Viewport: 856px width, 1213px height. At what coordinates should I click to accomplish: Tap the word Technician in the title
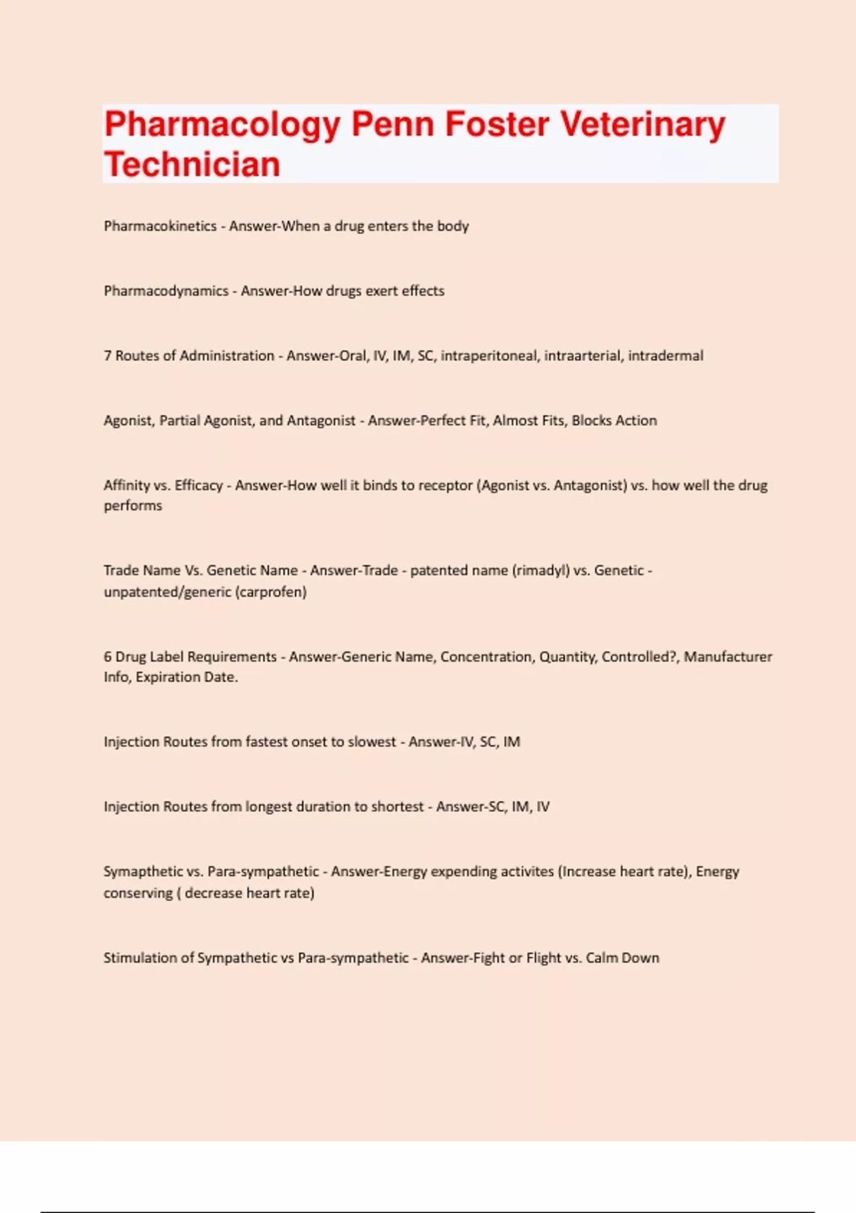[x=192, y=165]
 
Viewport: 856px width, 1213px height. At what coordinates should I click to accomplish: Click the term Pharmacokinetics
[x=160, y=226]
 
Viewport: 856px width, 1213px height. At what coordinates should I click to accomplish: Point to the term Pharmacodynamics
[x=165, y=291]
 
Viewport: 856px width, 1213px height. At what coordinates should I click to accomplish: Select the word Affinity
[x=126, y=486]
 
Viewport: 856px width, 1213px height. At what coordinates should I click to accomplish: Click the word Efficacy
[x=198, y=486]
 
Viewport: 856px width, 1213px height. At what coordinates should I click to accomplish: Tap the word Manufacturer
[x=728, y=657]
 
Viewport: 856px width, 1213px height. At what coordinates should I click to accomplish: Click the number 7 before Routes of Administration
[x=108, y=356]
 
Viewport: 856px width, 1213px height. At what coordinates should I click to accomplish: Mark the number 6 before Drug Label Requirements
[x=108, y=657]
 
